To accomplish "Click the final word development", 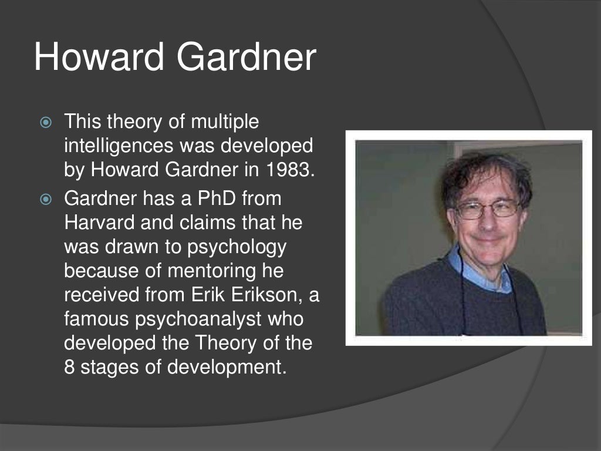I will [x=229, y=368].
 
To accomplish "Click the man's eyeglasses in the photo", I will [x=487, y=208].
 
